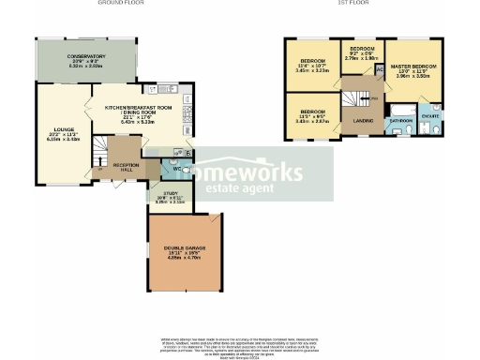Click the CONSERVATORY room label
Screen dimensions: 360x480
coord(86,56)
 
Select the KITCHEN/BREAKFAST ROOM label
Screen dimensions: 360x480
coord(138,108)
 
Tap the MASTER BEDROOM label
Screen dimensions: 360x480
coord(416,64)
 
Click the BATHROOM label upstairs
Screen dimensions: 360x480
coord(401,121)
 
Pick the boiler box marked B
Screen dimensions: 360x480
coord(188,152)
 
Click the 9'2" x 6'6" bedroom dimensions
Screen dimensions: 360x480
coord(362,55)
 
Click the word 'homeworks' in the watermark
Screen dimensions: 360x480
coord(247,172)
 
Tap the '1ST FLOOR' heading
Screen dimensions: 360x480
coord(354,4)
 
